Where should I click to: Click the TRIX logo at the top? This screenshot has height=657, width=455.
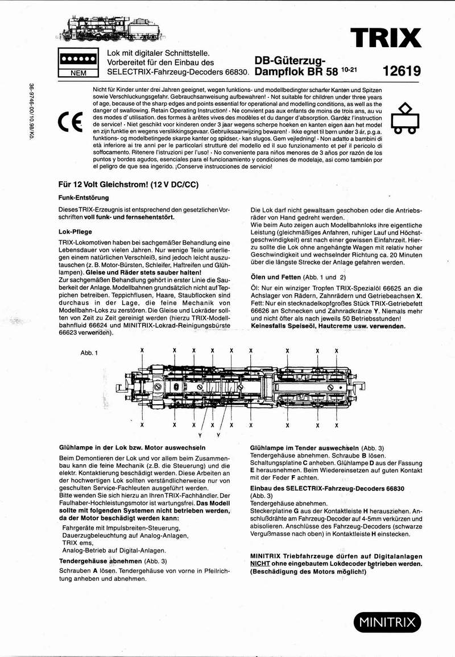tap(386, 38)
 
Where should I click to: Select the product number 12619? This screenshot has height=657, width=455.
tap(402, 72)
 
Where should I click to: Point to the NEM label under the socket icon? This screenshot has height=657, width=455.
tap(78, 73)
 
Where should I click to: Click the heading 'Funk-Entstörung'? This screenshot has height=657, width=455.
tap(84, 198)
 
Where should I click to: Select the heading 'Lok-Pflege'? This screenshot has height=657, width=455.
tap(76, 231)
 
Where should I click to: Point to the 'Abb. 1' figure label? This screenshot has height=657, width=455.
tap(90, 352)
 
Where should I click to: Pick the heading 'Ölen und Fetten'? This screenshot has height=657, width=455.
tap(298, 277)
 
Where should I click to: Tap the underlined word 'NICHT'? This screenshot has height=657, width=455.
tap(262, 564)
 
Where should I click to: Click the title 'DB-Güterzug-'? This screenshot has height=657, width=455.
tap(289, 61)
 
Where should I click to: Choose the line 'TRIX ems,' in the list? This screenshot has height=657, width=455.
tap(78, 543)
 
